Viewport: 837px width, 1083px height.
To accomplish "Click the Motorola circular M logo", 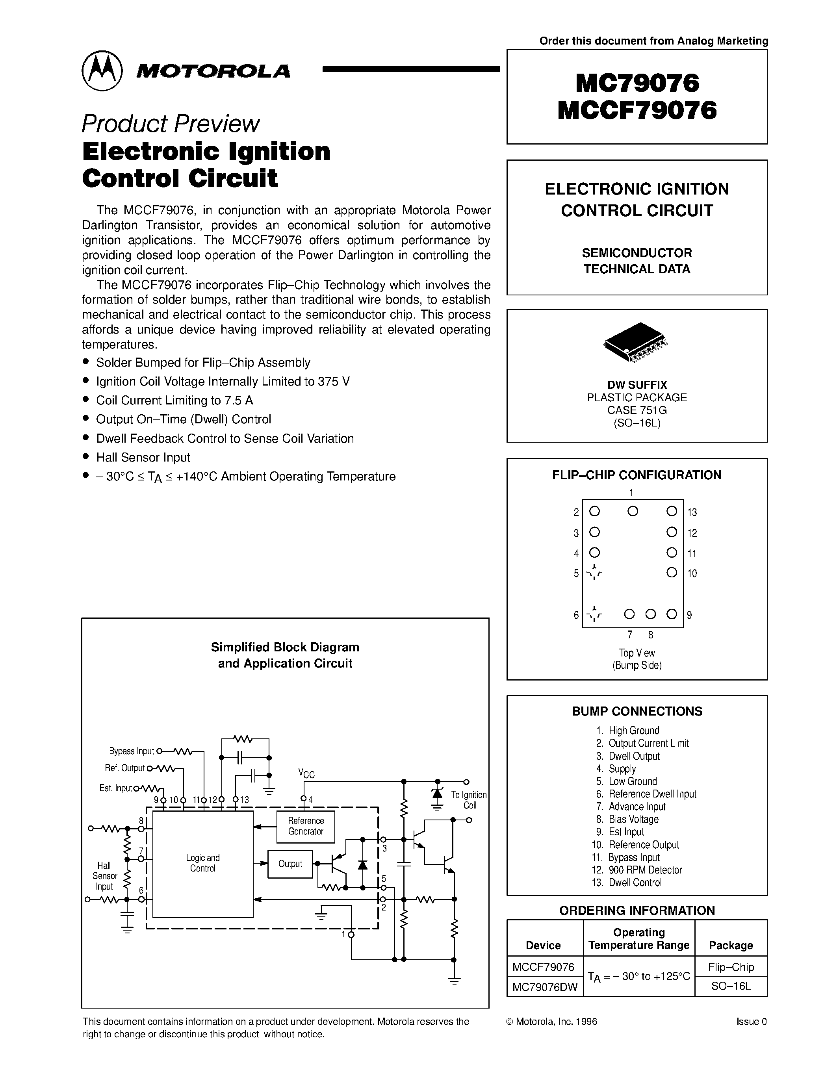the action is pos(102,70).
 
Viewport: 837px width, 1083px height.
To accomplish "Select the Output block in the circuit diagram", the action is pos(290,864).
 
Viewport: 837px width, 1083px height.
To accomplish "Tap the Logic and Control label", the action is pos(203,863).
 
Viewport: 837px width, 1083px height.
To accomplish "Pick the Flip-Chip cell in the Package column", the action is pos(731,967).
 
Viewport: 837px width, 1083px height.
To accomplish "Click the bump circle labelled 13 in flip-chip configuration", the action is pos(672,511).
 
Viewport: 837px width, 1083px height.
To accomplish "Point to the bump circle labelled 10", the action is pos(672,573).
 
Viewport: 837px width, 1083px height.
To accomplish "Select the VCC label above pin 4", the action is pos(306,773).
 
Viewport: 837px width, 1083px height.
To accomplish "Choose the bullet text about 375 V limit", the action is pos(223,381).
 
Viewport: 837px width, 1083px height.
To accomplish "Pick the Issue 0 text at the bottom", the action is pos(751,1022).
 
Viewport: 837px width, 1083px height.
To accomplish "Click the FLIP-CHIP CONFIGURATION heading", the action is pos(637,475).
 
